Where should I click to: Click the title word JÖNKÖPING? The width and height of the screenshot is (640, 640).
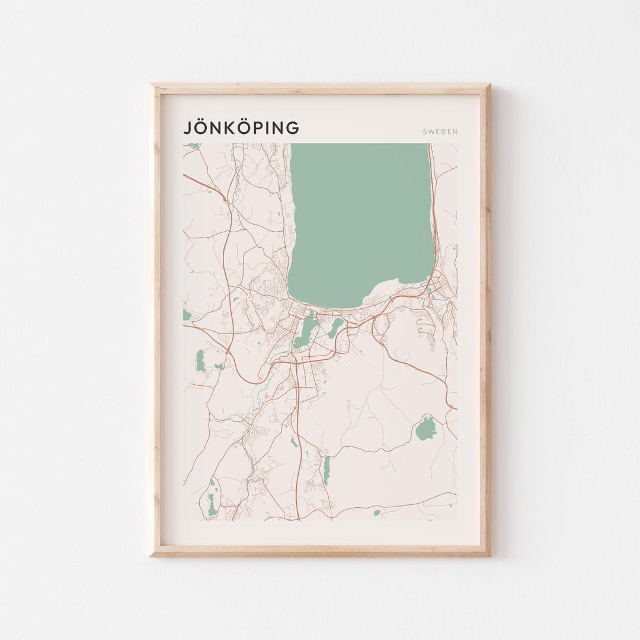241,128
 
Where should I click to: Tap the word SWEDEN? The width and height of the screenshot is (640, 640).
440,132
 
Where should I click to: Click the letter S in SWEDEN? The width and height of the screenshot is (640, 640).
424,132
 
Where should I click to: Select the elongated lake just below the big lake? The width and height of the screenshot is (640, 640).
306,332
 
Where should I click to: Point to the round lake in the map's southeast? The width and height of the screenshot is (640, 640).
425,429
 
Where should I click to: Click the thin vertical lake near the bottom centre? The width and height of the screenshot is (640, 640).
326,471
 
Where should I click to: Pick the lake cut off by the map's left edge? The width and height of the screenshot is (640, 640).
187,315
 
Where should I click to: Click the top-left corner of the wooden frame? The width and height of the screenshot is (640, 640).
152,85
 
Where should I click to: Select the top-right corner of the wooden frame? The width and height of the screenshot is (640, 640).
489,85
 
